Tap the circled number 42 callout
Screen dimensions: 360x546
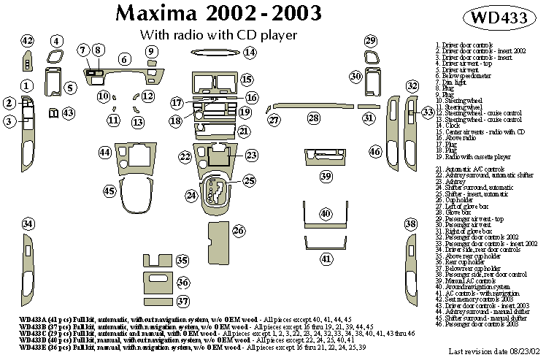coord(28,41)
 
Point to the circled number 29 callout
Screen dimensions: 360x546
coord(371,41)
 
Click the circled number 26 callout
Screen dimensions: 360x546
coord(238,231)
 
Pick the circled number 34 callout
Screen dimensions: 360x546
coord(28,223)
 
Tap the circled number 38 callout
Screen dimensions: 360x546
coord(410,223)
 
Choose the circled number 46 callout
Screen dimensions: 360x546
coord(375,152)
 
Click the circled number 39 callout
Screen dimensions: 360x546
coord(326,176)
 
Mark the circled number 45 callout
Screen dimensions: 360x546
coord(110,191)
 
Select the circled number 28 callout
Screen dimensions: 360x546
coord(313,118)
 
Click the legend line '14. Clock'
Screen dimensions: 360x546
coord(453,126)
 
